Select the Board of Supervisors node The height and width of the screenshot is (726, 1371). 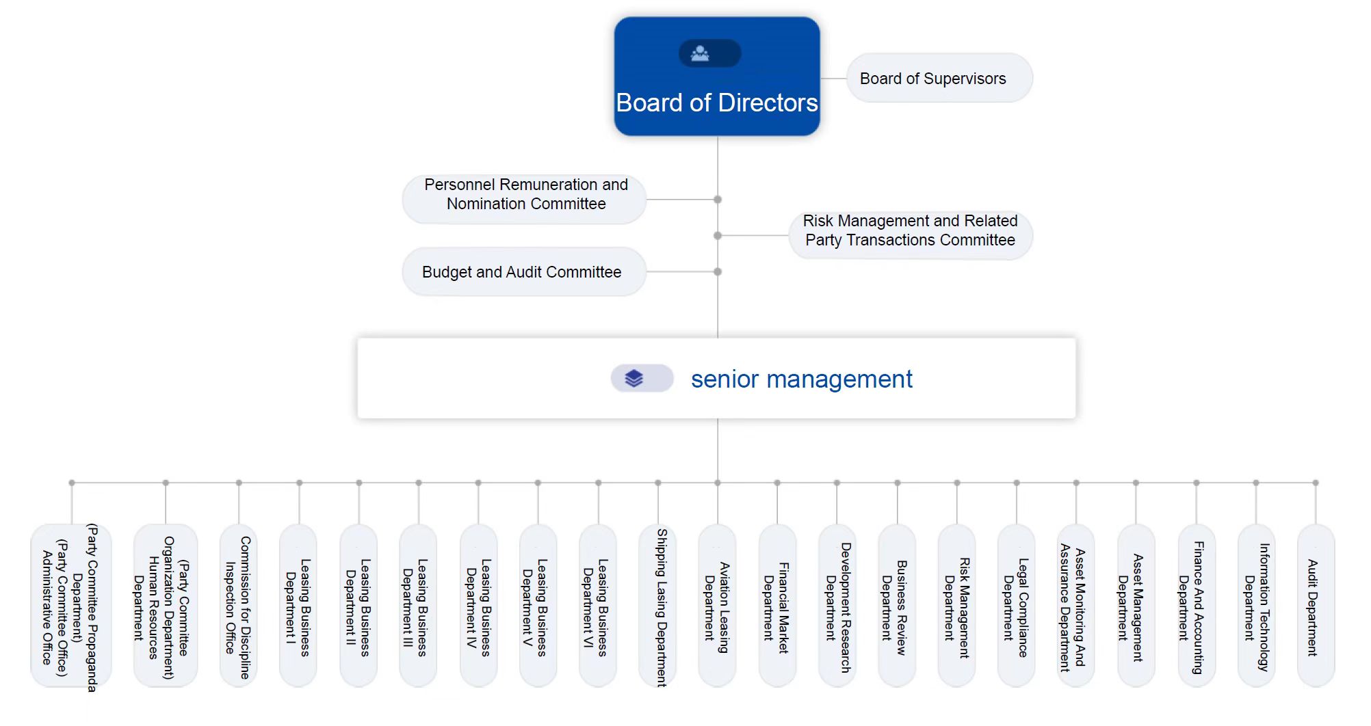click(939, 79)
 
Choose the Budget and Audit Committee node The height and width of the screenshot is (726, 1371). click(523, 272)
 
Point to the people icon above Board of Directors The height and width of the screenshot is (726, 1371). click(701, 53)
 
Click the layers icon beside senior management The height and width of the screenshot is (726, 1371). click(634, 378)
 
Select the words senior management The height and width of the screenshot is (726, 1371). click(801, 379)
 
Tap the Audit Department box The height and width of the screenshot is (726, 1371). click(1314, 606)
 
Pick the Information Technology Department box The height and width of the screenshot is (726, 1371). click(1256, 606)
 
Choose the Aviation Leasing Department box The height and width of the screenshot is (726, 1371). click(717, 606)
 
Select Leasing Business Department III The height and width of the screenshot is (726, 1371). click(417, 606)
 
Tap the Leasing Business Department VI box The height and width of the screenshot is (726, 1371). click(597, 606)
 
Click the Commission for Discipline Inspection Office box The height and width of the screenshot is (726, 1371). click(238, 606)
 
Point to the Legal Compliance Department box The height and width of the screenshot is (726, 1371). click(1016, 606)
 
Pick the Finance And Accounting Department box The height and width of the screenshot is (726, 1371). click(1195, 606)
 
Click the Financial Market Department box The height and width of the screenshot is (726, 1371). click(776, 606)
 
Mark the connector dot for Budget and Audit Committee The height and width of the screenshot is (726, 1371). click(718, 272)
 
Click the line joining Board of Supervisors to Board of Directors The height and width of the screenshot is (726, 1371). click(833, 79)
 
